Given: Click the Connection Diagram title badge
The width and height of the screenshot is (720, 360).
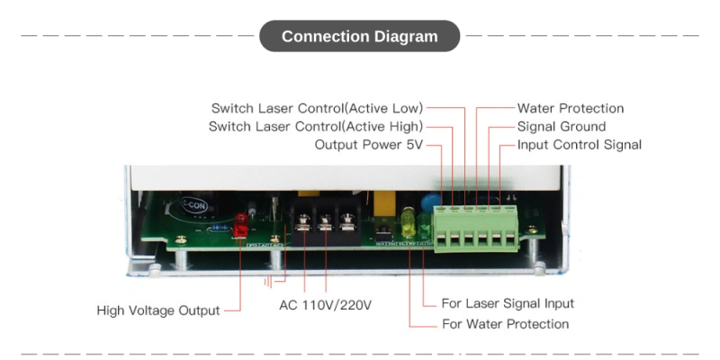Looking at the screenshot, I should (x=359, y=37).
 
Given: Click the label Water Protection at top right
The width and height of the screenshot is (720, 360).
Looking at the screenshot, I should (x=570, y=108).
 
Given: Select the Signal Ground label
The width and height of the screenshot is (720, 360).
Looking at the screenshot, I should (x=561, y=126).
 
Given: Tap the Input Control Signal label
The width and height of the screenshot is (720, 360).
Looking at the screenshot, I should (x=579, y=144).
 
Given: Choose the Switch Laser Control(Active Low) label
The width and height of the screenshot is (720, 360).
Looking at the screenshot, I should (x=317, y=108).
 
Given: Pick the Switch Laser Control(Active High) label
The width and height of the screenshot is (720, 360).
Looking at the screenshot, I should (x=315, y=126).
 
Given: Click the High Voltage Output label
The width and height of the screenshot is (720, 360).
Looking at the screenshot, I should (x=158, y=310).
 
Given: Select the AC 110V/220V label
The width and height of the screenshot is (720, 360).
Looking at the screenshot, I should (x=325, y=305).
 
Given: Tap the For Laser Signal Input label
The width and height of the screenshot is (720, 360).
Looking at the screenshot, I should (x=508, y=303).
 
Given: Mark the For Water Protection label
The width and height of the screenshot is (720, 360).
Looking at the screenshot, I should (x=505, y=323).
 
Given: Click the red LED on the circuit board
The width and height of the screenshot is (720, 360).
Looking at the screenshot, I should (x=240, y=225).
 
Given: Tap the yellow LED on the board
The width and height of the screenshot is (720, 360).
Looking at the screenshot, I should (x=408, y=223).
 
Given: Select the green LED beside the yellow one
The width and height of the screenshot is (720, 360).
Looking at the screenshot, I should (x=423, y=225).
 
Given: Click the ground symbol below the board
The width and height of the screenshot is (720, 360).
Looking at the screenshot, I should (x=269, y=281).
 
